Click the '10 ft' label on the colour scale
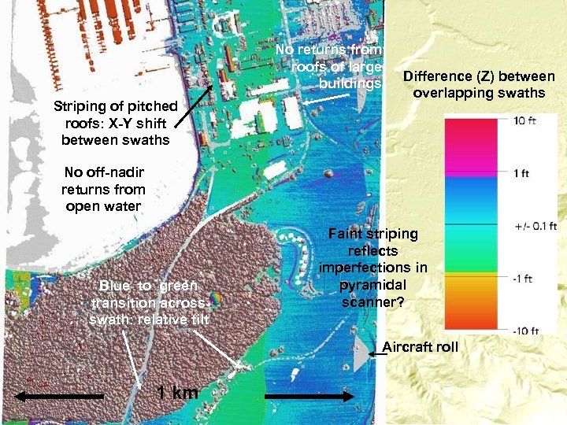(x=525, y=121)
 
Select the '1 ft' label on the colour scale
(x=522, y=173)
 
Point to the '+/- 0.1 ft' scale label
(x=535, y=227)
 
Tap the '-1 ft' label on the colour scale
(x=524, y=278)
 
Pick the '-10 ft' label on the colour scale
(x=525, y=331)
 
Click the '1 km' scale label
(x=176, y=392)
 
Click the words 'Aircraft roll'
(x=420, y=347)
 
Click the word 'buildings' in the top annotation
(x=350, y=83)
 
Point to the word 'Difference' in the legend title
(x=435, y=76)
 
